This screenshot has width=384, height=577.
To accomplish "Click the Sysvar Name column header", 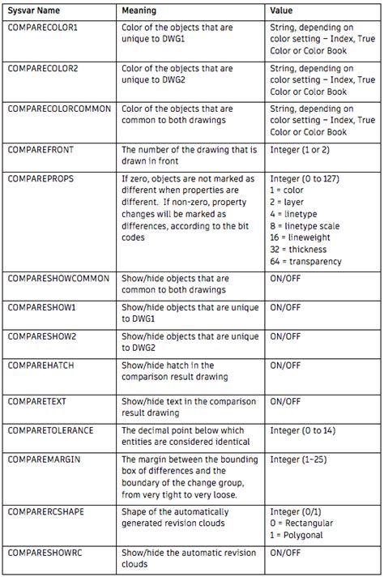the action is coord(33,11).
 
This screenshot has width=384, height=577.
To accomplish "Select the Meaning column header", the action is coord(139,11).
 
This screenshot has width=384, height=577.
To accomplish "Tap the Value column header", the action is coord(282,11).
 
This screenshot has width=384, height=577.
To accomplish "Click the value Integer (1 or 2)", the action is coord(304,149).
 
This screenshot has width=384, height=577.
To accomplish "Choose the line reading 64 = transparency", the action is coord(305,261).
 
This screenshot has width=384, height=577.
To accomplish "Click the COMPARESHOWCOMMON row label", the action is coord(58,279).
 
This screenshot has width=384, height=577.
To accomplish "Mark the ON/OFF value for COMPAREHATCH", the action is coord(285,366).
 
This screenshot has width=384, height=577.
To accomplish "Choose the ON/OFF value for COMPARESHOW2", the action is coord(285,336).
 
